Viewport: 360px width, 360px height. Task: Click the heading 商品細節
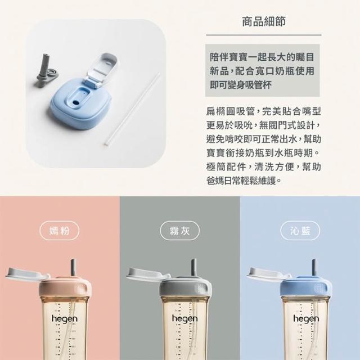[264, 22]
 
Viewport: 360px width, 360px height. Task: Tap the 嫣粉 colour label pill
[60, 231]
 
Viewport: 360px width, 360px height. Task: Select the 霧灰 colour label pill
[180, 231]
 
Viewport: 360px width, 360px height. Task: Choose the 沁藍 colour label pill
[300, 231]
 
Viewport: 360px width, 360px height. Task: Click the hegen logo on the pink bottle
[65, 319]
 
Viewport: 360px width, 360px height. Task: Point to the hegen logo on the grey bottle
[184, 319]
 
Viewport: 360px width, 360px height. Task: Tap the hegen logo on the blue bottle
[306, 319]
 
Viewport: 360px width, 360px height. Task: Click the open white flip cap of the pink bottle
[28, 274]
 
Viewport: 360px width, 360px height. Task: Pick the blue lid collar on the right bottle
[306, 289]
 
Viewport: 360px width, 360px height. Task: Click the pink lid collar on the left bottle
[65, 289]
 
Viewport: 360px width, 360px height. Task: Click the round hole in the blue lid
[75, 102]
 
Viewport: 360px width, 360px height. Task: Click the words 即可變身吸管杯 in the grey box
[241, 85]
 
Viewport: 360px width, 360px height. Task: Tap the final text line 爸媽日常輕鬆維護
[244, 181]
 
